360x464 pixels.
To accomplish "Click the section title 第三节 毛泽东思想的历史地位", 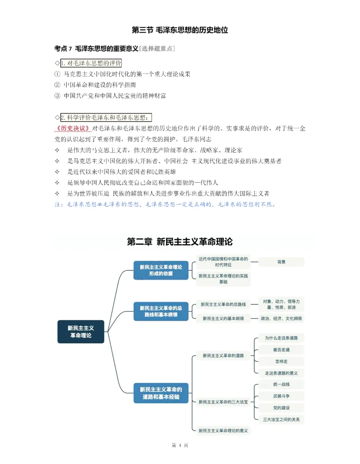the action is [180, 31].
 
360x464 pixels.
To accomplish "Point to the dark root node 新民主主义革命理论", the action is [81, 332].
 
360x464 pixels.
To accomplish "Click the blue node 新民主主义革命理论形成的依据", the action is [161, 270].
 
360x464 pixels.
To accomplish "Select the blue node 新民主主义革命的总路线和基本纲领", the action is [161, 311].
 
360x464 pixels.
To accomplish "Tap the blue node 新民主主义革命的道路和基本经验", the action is [161, 393].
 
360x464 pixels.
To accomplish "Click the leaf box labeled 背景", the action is [281, 262].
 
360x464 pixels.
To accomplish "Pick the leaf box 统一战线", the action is [281, 384].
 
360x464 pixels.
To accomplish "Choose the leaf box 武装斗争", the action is [281, 396].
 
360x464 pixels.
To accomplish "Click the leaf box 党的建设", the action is [281, 408].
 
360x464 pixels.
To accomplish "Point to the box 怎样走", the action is [281, 361].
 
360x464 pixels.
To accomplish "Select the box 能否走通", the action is [281, 350].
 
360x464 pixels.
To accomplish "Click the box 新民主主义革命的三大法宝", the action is [223, 401].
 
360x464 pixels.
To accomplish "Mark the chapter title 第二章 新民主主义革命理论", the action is [180, 242].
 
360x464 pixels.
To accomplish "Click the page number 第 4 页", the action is [180, 446].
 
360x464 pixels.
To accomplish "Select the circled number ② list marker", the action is [57, 85].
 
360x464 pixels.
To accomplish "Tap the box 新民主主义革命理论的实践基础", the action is [223, 278].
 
